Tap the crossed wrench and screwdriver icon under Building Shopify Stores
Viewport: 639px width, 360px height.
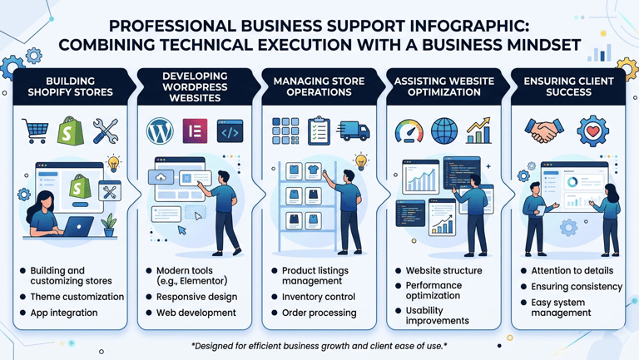106,131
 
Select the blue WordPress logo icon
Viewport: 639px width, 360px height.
160,131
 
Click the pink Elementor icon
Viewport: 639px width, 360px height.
195,131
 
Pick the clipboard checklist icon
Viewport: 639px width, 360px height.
319,131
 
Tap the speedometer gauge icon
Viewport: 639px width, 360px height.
409,131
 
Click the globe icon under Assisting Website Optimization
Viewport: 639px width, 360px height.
444,131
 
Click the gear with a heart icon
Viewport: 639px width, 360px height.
592,131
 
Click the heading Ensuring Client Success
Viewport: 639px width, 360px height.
569,86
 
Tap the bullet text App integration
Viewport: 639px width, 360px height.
64,313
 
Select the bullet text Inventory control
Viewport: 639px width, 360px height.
319,297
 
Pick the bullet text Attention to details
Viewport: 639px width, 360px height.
572,271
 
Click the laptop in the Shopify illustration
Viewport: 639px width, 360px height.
80,225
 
